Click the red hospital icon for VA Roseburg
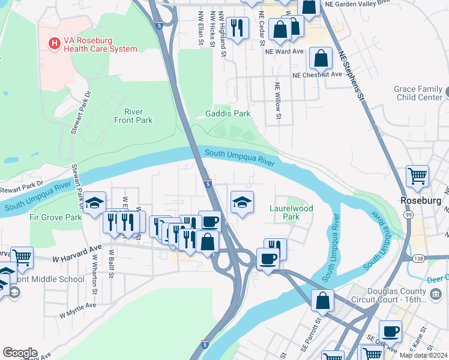(55, 43)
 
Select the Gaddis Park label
(228, 113)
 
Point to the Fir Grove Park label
(56, 217)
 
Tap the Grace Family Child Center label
(418, 93)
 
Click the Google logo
(20, 353)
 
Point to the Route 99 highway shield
(408, 215)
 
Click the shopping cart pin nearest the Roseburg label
(418, 176)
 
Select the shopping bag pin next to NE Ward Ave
(322, 58)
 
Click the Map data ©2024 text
(423, 355)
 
